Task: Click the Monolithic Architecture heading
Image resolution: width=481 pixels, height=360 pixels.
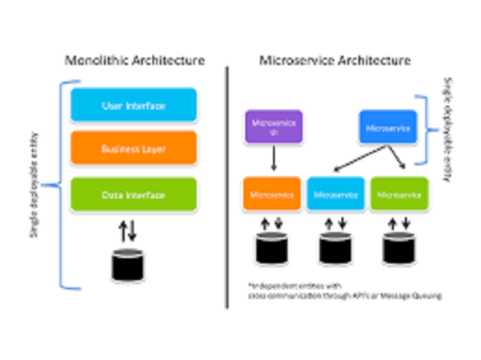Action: coord(135,61)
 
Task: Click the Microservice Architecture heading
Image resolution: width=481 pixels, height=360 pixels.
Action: coord(335,61)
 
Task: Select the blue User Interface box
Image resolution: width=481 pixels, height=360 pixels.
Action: coord(133,105)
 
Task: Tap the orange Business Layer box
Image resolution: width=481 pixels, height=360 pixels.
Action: coord(133,149)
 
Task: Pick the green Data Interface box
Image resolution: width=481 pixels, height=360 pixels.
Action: coord(133,195)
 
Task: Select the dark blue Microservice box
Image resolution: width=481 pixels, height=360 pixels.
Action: coord(388,128)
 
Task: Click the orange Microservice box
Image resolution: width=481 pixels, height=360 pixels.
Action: coord(272,195)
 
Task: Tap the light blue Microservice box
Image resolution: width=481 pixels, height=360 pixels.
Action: coord(336,195)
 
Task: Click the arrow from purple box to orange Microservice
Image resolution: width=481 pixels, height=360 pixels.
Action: coord(273,159)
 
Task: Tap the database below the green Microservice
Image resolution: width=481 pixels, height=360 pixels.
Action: coord(399,249)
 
